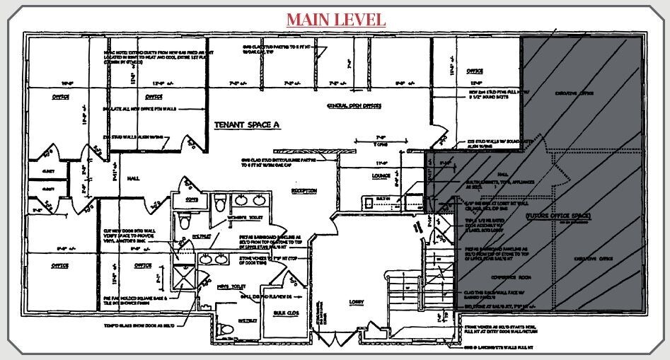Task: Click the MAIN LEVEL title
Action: pos(335,18)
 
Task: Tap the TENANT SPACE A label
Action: pos(247,124)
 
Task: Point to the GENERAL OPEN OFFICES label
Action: pos(354,105)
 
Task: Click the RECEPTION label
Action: pos(304,190)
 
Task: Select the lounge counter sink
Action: pos(369,203)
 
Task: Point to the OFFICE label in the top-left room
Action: pos(60,96)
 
